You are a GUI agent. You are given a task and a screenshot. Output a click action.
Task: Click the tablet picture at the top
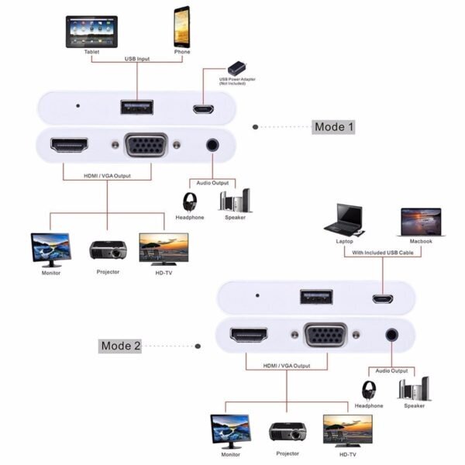(91, 32)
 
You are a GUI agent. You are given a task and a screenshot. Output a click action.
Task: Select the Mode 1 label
(333, 127)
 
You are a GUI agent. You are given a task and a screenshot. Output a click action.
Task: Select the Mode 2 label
(120, 346)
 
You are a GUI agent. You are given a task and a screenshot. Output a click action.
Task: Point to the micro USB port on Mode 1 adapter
(203, 108)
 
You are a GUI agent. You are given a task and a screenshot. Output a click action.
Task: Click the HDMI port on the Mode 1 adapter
(69, 145)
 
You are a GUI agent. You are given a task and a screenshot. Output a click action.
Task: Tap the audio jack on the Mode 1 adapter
(212, 144)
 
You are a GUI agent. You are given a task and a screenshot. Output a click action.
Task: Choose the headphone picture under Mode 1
(189, 201)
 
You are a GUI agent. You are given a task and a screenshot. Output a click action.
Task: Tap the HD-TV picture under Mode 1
(163, 249)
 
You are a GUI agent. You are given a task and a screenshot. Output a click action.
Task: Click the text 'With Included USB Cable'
(381, 253)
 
